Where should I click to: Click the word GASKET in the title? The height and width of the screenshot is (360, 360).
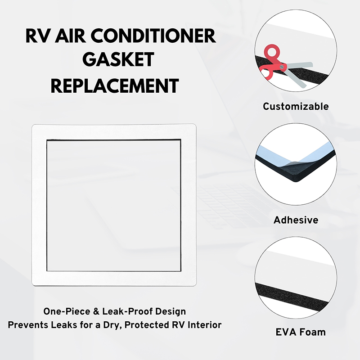pyautogui.click(x=118, y=59)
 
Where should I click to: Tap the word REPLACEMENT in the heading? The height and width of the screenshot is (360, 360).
pyautogui.click(x=115, y=86)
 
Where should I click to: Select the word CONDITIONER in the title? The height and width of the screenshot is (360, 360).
pyautogui.click(x=153, y=36)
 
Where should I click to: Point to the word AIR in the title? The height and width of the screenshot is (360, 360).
pyautogui.click(x=70, y=36)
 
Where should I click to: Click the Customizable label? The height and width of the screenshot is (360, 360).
pyautogui.click(x=296, y=106)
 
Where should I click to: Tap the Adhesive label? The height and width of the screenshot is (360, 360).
pyautogui.click(x=296, y=220)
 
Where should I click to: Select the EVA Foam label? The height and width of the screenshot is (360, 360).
pyautogui.click(x=301, y=332)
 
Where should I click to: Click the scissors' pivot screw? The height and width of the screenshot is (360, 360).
pyautogui.click(x=282, y=67)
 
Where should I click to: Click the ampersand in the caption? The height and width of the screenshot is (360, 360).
pyautogui.click(x=96, y=311)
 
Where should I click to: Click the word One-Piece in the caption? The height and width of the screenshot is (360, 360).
pyautogui.click(x=67, y=311)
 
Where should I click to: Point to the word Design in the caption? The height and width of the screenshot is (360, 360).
pyautogui.click(x=171, y=311)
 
